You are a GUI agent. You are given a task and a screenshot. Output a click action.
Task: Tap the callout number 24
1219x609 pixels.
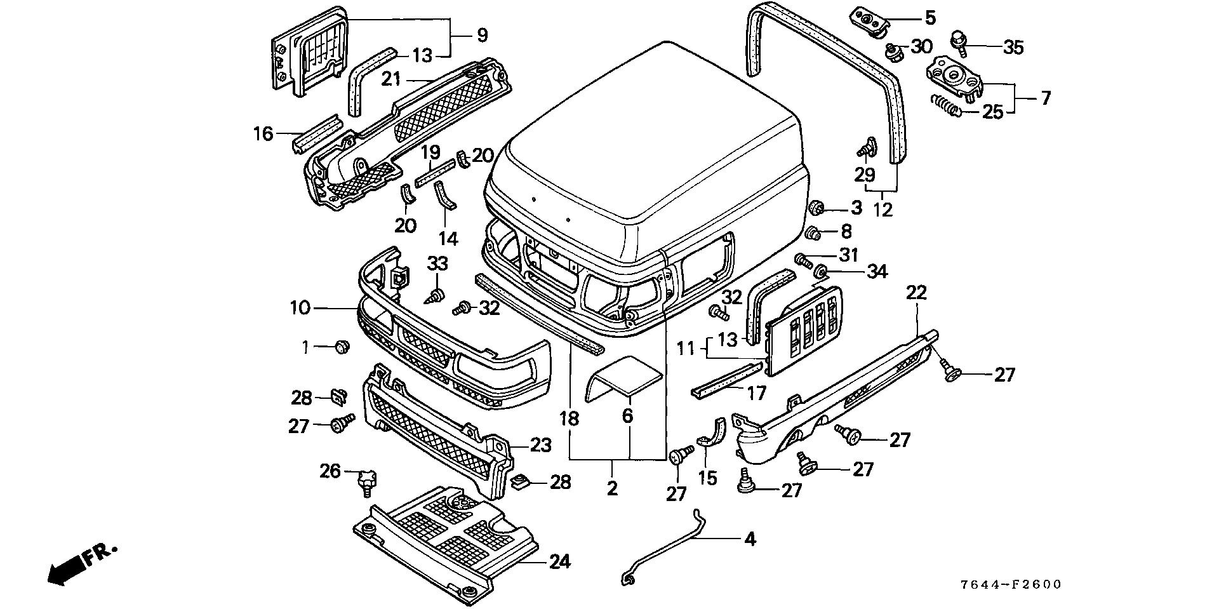(x=559, y=561)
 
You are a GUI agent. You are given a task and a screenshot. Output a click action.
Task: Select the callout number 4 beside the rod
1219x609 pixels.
(x=750, y=539)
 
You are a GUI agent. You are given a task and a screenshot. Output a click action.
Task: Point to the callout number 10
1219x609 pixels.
(x=300, y=309)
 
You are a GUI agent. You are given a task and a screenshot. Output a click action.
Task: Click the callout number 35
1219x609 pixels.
(x=1013, y=47)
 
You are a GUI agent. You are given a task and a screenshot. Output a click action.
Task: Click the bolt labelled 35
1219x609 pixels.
(x=959, y=42)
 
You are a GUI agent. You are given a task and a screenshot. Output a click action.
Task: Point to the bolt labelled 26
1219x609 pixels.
(x=367, y=481)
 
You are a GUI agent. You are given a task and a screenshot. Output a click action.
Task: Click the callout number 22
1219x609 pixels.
(x=916, y=293)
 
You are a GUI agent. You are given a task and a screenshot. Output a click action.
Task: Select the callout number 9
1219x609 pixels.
(x=482, y=35)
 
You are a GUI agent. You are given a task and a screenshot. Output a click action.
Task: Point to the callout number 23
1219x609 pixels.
(x=540, y=445)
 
